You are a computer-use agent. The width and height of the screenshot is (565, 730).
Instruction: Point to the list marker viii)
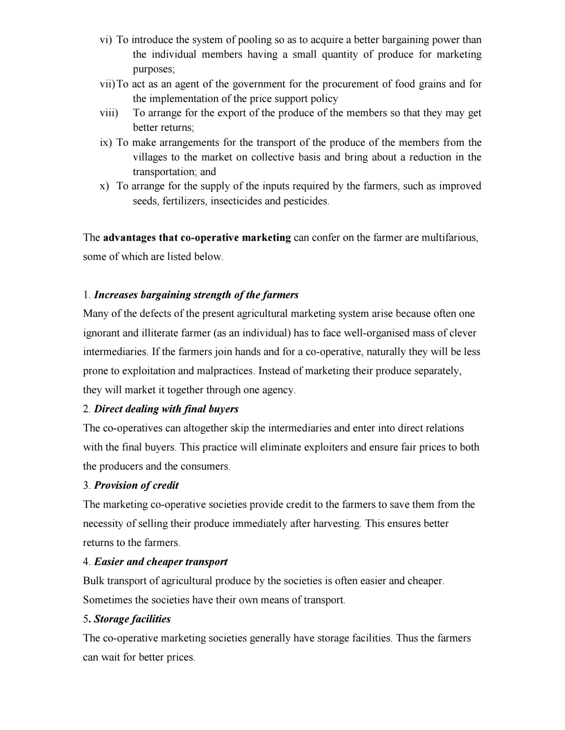(x=109, y=113)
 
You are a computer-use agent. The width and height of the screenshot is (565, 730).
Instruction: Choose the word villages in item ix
(x=150, y=157)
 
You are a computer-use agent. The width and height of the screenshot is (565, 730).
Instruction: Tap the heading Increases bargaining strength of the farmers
(x=196, y=295)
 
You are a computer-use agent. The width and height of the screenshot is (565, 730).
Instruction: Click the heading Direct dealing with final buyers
(x=166, y=409)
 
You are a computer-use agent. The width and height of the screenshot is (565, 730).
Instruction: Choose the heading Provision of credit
(x=136, y=485)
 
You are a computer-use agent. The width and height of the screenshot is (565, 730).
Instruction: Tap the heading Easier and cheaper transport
(x=161, y=562)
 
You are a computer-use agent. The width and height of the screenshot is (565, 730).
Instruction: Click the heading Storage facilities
(x=132, y=619)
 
